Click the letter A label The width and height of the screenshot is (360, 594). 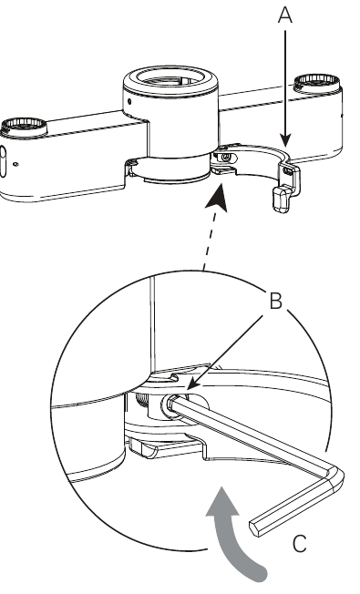coord(285,15)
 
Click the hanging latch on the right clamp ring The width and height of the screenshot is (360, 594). coord(282,195)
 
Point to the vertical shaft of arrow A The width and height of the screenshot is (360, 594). coord(285,82)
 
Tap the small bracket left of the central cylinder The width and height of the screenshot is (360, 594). coord(132,168)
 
